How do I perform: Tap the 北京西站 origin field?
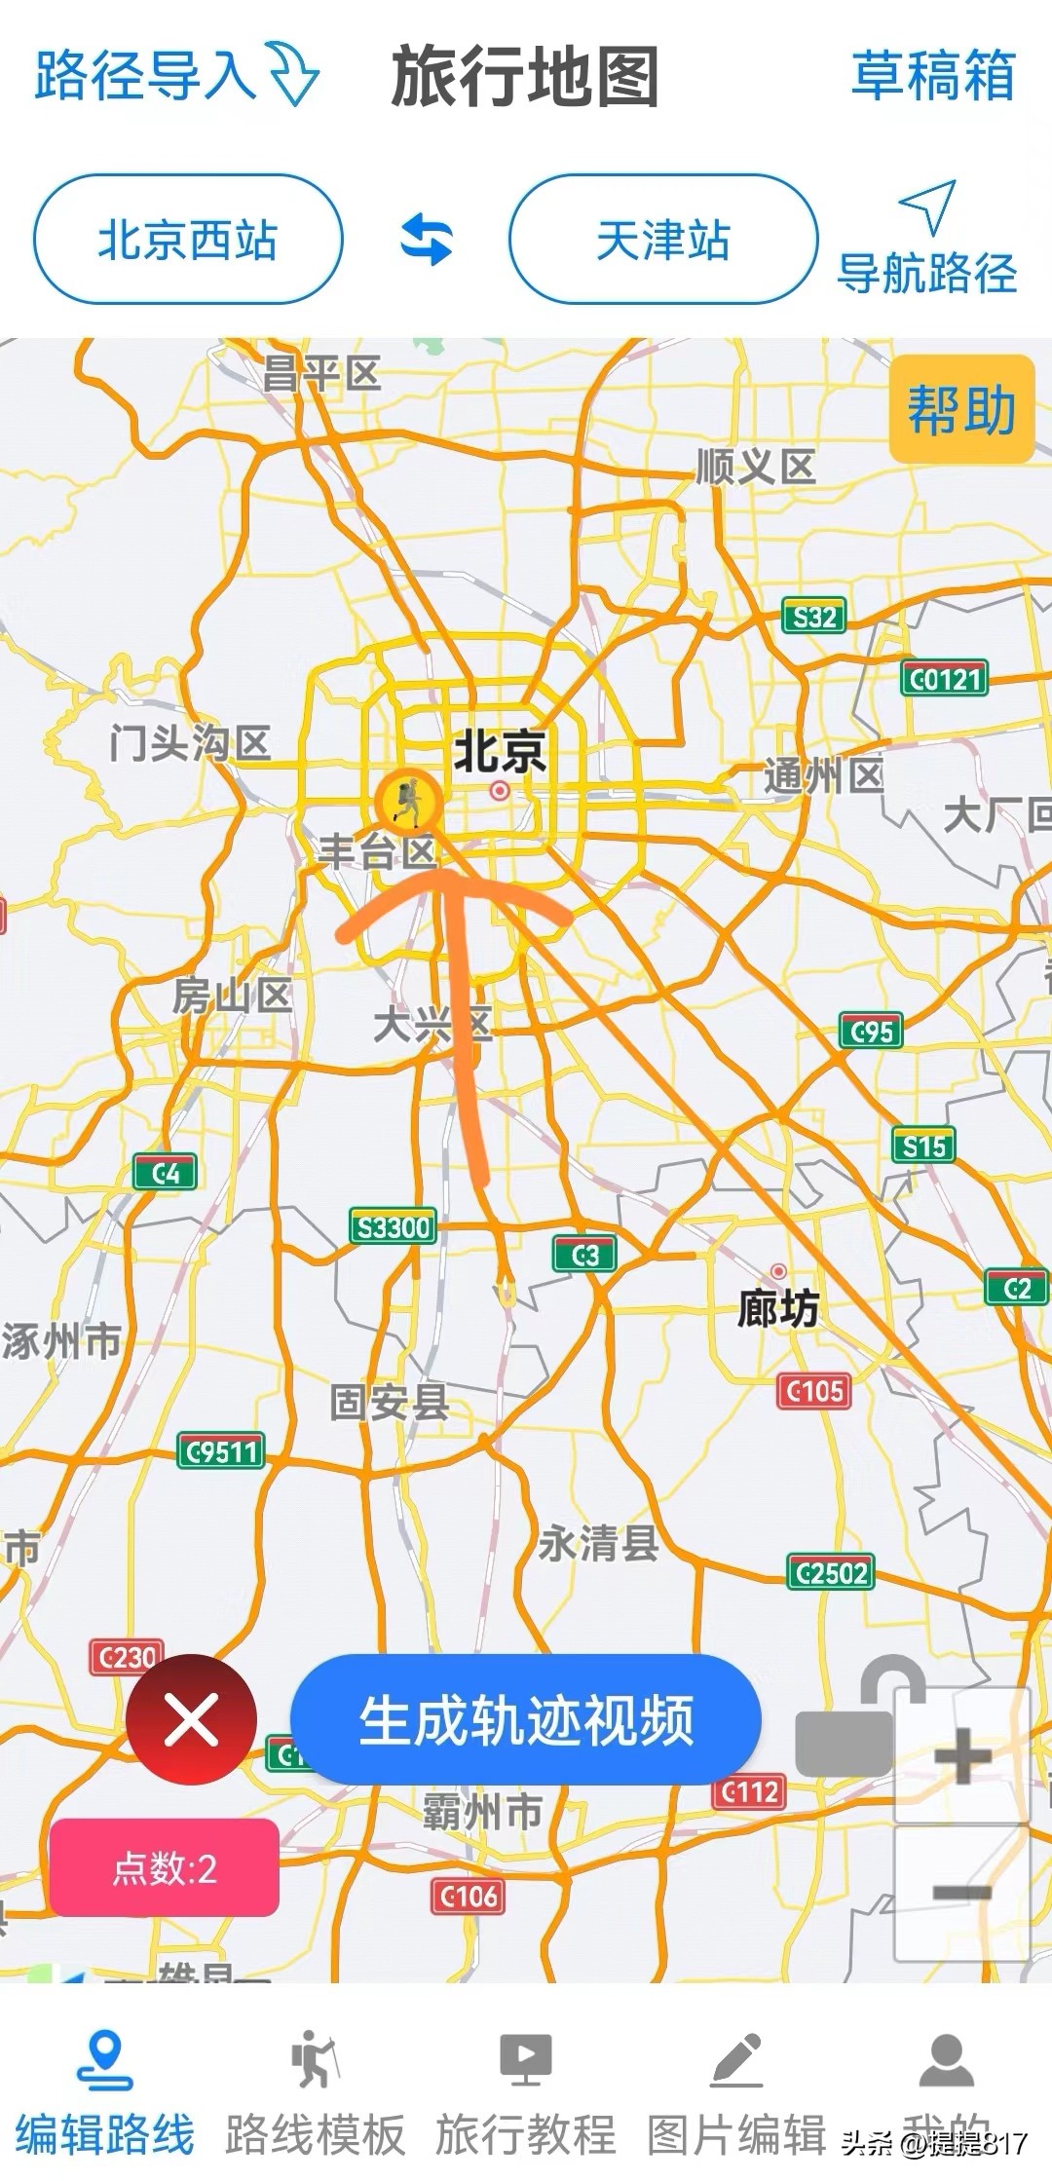[188, 240]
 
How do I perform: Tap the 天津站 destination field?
[662, 240]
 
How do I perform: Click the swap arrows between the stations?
[427, 240]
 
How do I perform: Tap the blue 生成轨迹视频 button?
[525, 1719]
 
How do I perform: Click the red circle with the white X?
[191, 1719]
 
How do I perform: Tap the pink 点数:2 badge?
[165, 1867]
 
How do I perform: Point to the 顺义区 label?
[756, 468]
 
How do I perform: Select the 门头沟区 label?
[190, 743]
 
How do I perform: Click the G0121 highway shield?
[944, 678]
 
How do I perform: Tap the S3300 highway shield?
[393, 1226]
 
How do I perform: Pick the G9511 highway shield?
[221, 1451]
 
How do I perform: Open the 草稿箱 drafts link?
[932, 76]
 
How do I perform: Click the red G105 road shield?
[814, 1391]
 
